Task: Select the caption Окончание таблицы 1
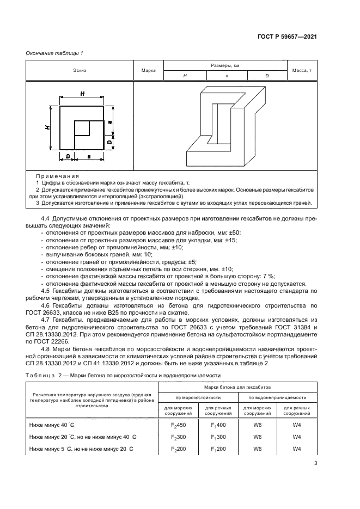54,52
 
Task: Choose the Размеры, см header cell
225,65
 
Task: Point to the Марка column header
149,71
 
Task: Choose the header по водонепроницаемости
277,397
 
